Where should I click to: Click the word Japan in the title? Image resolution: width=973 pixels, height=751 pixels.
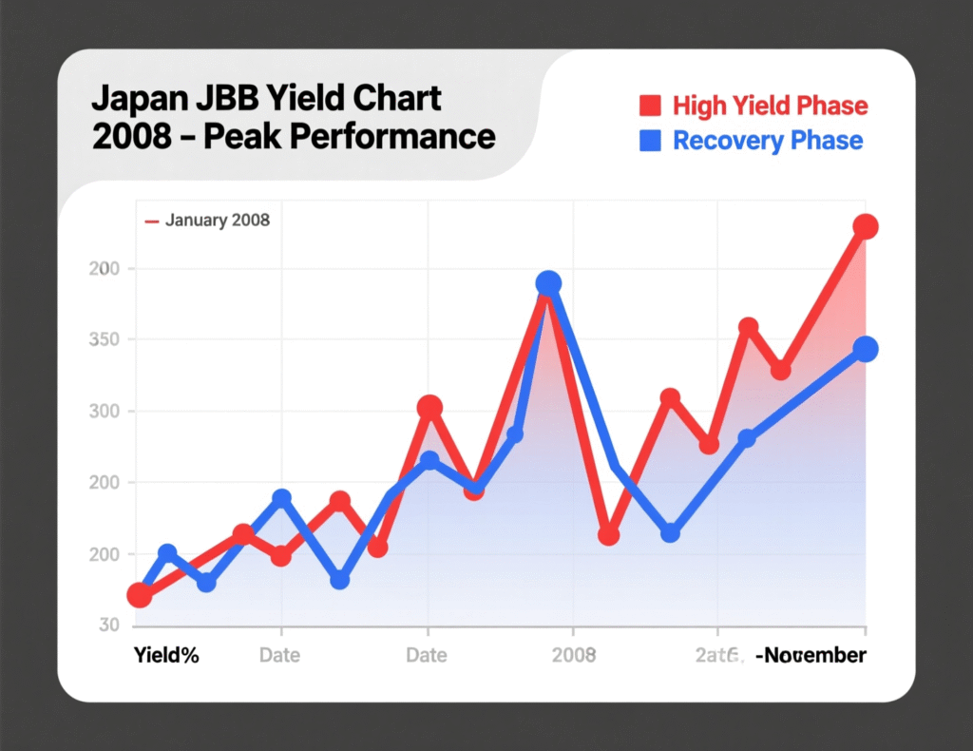(x=133, y=98)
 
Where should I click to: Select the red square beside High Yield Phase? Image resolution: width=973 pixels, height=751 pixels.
(x=650, y=105)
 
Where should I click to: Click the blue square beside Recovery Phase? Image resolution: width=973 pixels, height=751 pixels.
(x=650, y=141)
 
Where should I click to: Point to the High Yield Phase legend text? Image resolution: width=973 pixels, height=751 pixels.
(x=770, y=105)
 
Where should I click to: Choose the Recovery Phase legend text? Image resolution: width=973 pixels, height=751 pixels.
(x=768, y=141)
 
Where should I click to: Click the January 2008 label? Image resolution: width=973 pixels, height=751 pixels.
(x=217, y=221)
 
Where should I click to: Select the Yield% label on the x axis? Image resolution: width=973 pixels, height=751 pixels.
(x=166, y=655)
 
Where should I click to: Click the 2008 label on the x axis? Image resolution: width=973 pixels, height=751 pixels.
(x=573, y=655)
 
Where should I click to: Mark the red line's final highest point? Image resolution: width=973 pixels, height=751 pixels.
(x=865, y=226)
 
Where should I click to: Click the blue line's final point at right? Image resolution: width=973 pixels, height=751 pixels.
(x=865, y=349)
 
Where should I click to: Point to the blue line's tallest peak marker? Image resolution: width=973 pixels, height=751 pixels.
(x=548, y=283)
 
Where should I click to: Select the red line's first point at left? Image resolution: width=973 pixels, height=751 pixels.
(x=140, y=595)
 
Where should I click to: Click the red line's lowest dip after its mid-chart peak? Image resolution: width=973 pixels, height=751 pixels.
(x=609, y=535)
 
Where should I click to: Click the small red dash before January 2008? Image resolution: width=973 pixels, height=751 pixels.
(x=150, y=221)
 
